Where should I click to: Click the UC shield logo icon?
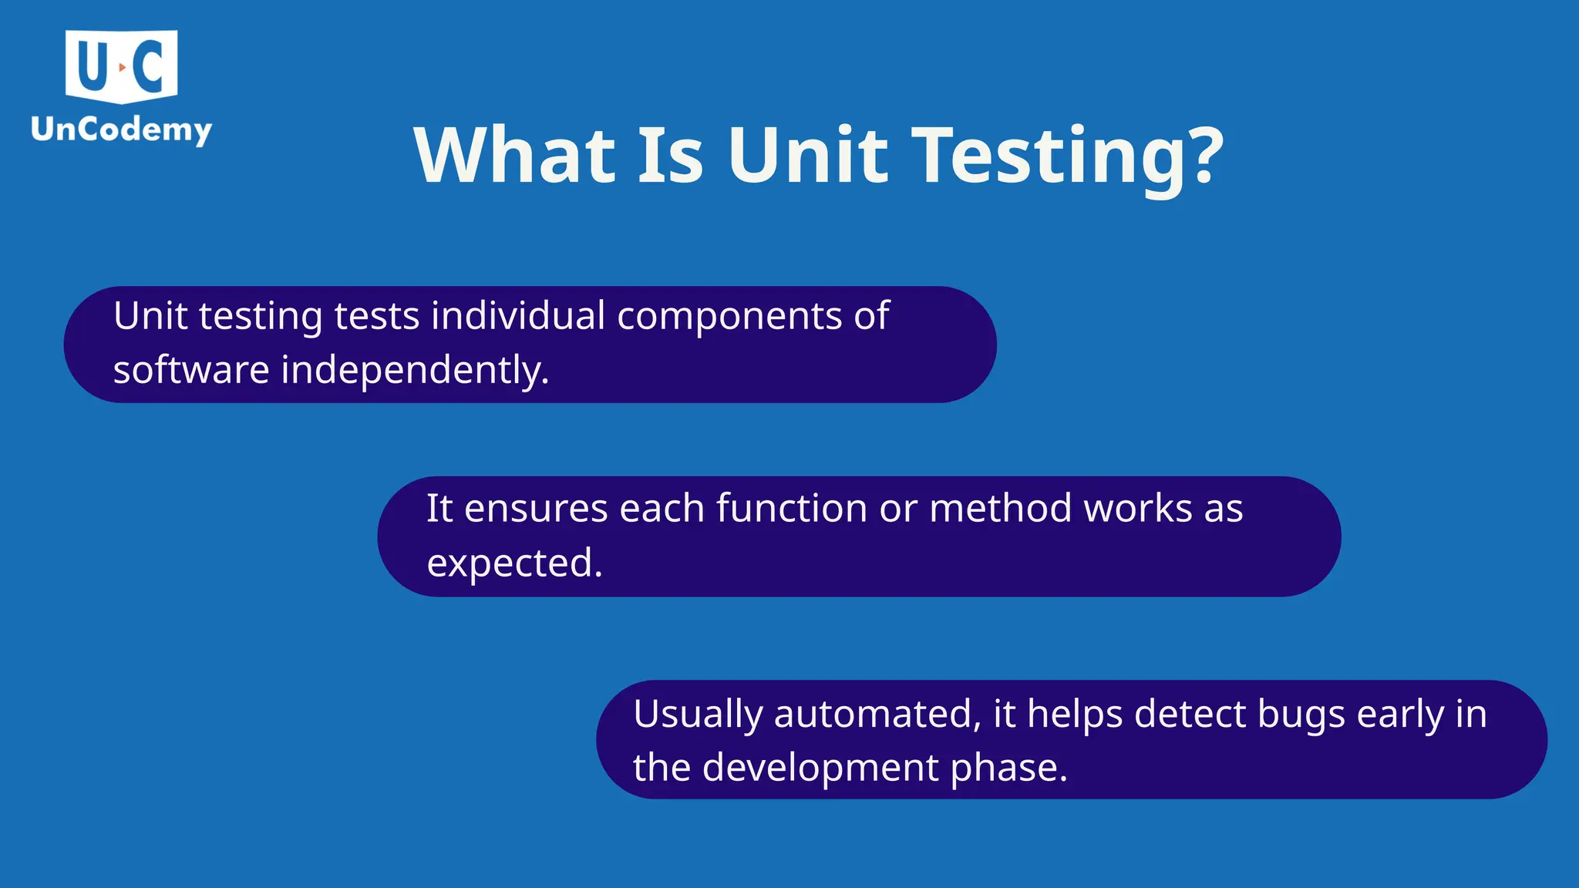pos(122,66)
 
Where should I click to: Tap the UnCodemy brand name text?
pos(121,129)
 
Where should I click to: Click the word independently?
pos(414,370)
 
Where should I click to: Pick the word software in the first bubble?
pos(191,370)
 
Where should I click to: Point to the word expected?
pos(514,563)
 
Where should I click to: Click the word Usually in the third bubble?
pos(698,715)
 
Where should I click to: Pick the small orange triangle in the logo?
pos(122,68)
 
